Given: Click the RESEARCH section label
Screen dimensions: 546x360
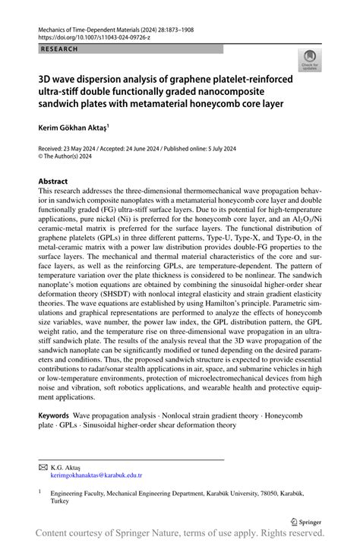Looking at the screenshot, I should coord(58,49).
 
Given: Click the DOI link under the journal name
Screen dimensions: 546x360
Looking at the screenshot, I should coord(95,36).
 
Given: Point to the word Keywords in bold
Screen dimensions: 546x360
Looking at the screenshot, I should coord(53,417).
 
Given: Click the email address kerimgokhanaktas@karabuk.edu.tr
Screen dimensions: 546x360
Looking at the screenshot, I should coord(96,475).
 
